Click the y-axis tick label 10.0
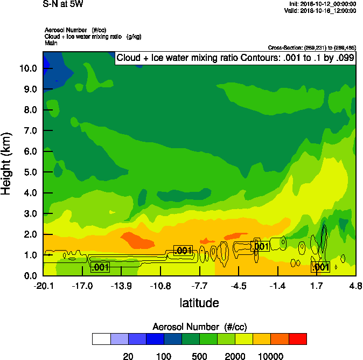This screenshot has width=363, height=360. click(27, 68)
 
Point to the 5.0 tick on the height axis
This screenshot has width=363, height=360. click(30, 172)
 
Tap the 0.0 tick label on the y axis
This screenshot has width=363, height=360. click(30, 276)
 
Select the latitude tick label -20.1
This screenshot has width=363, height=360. click(43, 286)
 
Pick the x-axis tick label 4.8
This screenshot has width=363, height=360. click(355, 286)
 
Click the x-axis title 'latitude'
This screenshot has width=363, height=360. click(199, 303)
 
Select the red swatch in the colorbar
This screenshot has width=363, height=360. click(298, 339)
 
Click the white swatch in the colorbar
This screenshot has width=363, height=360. click(101, 339)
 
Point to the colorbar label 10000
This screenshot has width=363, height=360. click(271, 356)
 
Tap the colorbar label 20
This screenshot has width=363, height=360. click(128, 356)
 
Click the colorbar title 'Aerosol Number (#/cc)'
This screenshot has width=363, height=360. click(199, 327)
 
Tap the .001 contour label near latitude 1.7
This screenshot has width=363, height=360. click(320, 267)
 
